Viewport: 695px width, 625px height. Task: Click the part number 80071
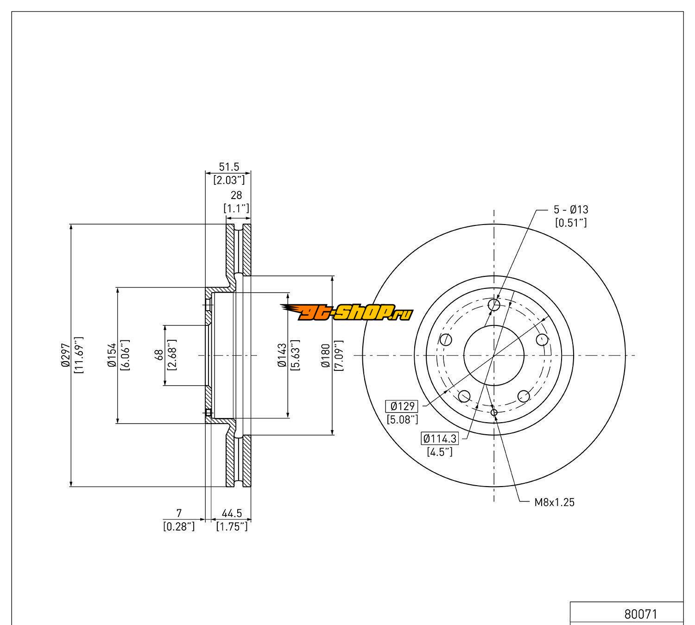(640, 614)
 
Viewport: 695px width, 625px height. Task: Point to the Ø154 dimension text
(111, 355)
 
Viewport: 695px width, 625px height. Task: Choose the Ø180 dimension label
(326, 355)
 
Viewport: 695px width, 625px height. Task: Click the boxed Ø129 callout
(402, 406)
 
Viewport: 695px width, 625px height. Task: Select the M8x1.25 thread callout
(555, 502)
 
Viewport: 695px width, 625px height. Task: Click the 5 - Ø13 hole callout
(571, 210)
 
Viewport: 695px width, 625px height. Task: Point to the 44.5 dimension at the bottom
(232, 513)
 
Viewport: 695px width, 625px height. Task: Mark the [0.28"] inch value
(179, 526)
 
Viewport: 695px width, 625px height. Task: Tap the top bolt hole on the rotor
(494, 305)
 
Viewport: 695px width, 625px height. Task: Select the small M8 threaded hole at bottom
(494, 412)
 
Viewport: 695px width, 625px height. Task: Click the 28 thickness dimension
(236, 196)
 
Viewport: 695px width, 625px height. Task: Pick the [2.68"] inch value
(172, 355)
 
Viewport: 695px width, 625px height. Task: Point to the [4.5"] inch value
(439, 451)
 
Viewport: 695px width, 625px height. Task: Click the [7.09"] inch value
(339, 355)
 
